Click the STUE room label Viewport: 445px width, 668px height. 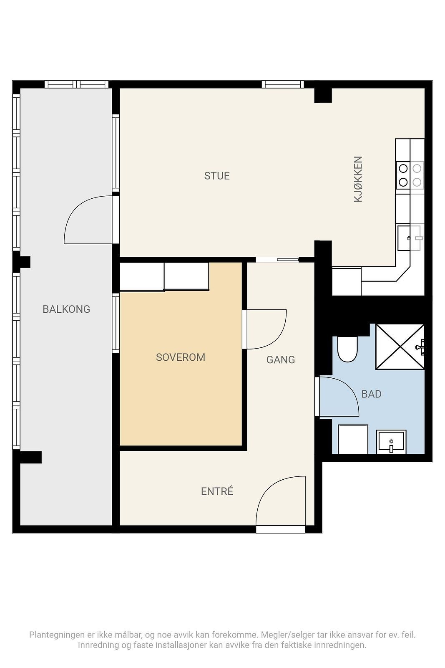click(x=217, y=176)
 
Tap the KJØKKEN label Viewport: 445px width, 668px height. click(x=358, y=179)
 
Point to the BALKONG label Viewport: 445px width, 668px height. click(x=66, y=309)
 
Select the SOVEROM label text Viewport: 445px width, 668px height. click(x=181, y=357)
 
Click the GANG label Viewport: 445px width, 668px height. click(x=281, y=359)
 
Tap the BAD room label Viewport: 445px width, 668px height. click(x=372, y=394)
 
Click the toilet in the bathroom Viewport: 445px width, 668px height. click(x=347, y=349)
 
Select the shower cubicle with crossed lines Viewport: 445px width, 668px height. click(x=400, y=347)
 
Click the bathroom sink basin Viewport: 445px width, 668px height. click(x=391, y=442)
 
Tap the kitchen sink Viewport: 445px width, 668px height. click(x=410, y=238)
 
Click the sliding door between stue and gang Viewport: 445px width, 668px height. click(x=277, y=260)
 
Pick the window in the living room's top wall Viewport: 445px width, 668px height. click(x=283, y=84)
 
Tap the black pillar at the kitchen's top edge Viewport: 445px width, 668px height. click(x=323, y=96)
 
